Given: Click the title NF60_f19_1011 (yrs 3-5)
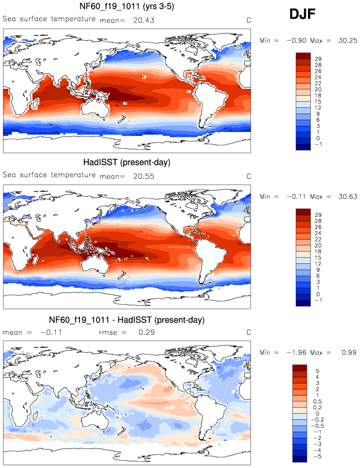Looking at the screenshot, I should (x=126, y=7).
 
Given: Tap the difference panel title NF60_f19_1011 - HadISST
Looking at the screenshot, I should (x=127, y=320).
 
